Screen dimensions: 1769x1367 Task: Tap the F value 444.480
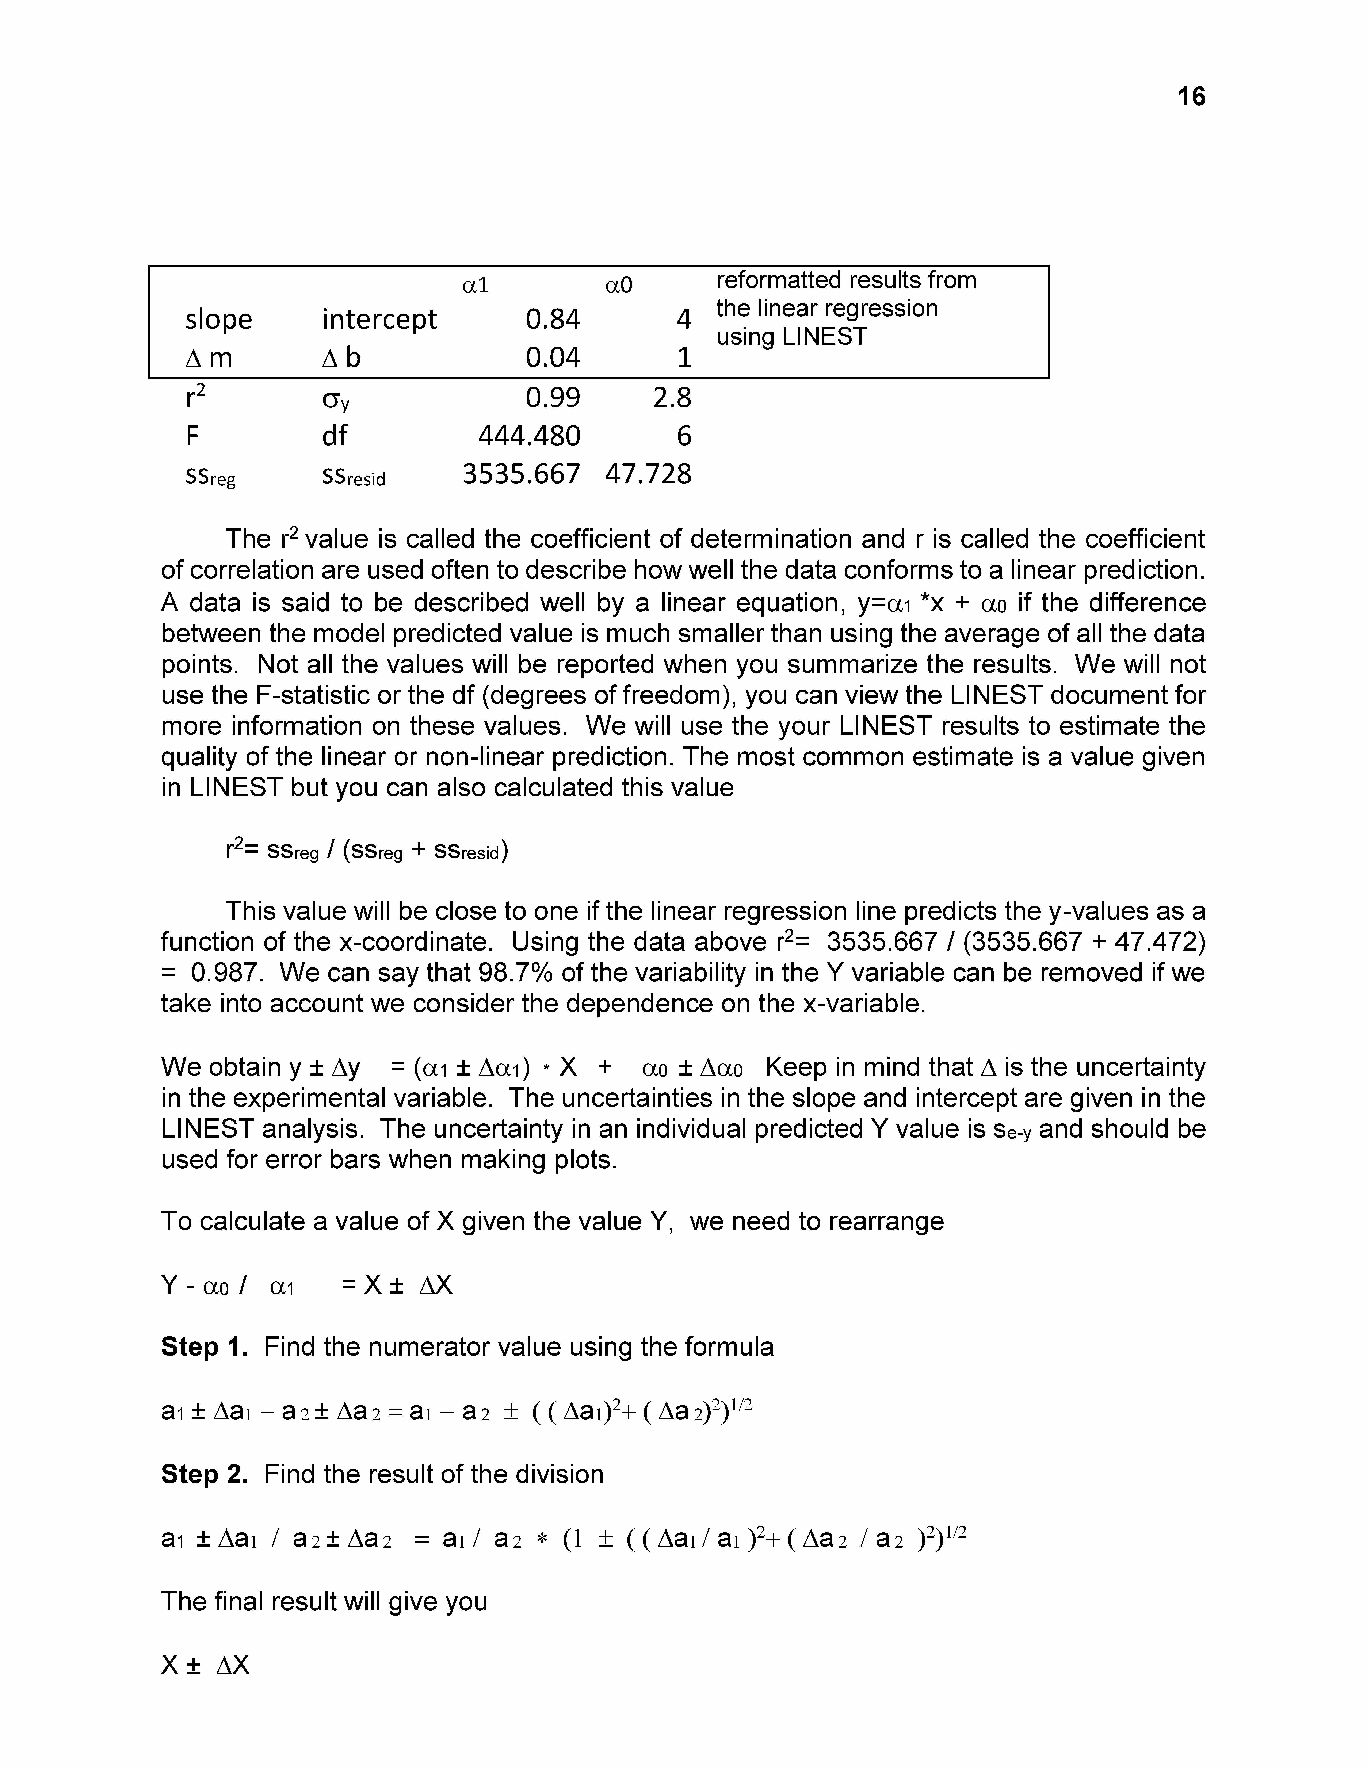point(529,437)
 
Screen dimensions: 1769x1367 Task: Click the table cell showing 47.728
point(648,474)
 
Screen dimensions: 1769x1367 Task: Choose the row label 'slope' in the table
point(219,320)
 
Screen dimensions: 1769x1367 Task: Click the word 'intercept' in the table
point(379,320)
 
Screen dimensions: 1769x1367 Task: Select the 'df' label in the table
point(335,437)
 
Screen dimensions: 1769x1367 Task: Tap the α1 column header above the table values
point(475,285)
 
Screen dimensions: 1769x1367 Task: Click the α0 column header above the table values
point(619,285)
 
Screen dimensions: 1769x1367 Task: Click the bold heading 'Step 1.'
point(204,1347)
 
